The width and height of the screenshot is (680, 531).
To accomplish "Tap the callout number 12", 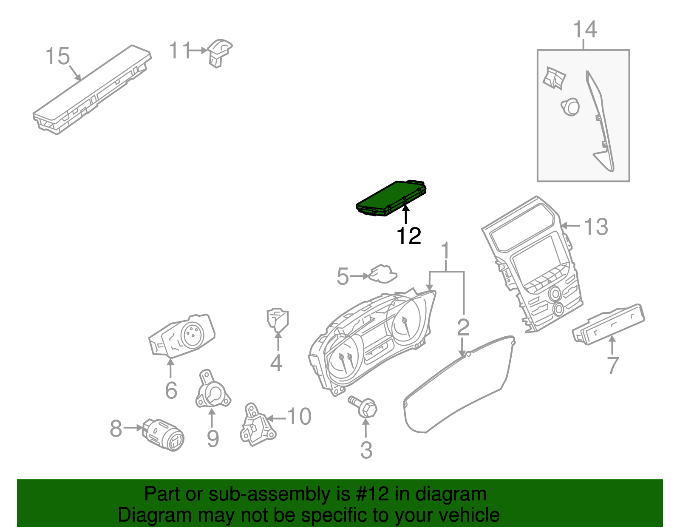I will pyautogui.click(x=408, y=236).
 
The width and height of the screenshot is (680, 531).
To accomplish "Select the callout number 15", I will pyautogui.click(x=58, y=57).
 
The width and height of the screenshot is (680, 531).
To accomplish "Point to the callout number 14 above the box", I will pyautogui.click(x=585, y=30).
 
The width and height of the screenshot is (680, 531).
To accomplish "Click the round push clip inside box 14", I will pyautogui.click(x=570, y=106).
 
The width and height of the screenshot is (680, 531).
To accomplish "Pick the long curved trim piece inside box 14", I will pyautogui.click(x=601, y=123).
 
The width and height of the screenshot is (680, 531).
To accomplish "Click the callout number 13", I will pyautogui.click(x=596, y=227).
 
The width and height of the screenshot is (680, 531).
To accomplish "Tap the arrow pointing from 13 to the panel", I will pyautogui.click(x=572, y=226).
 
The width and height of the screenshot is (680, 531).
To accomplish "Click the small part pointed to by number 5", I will pyautogui.click(x=383, y=274).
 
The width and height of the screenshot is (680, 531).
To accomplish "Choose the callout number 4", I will pyautogui.click(x=276, y=363).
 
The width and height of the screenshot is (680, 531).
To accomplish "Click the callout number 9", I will pyautogui.click(x=212, y=438).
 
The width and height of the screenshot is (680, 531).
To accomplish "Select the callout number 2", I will pyautogui.click(x=463, y=327).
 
